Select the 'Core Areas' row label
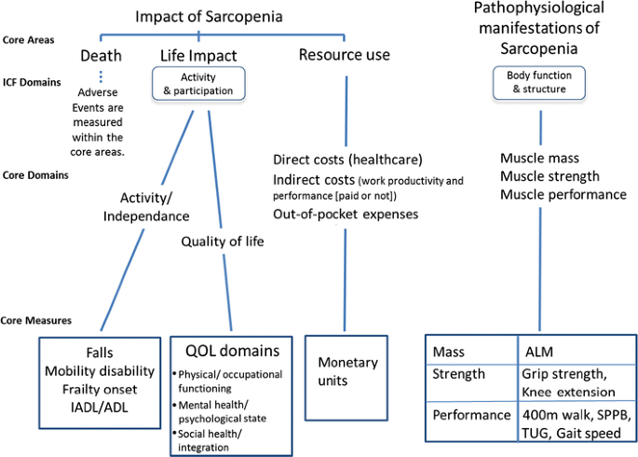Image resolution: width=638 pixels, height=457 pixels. click(28, 40)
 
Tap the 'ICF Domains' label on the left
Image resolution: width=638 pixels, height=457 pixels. click(31, 82)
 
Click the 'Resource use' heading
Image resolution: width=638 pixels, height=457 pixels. click(344, 55)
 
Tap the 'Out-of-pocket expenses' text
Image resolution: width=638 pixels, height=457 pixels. click(345, 214)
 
